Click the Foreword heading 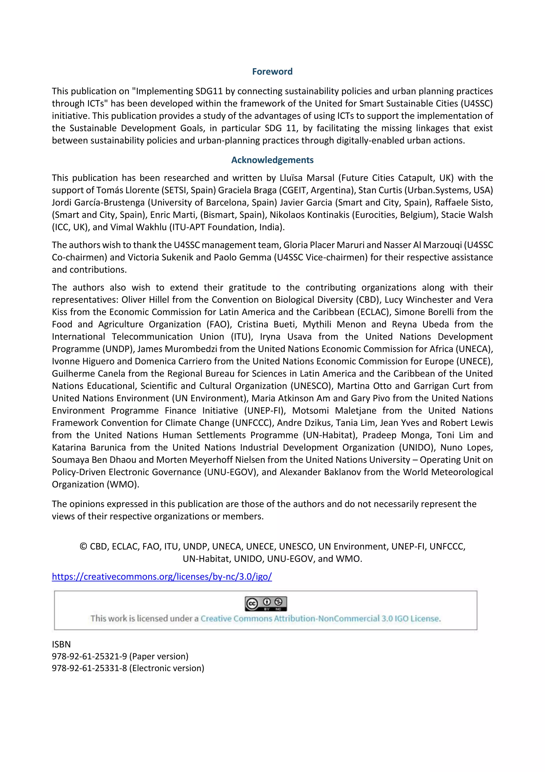tap(272, 72)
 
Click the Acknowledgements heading tap(272, 160)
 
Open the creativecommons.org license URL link tap(162, 576)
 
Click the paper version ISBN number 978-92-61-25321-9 tap(89, 656)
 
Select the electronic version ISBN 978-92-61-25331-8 tap(89, 668)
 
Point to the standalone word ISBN tap(61, 644)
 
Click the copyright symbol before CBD tap(83, 546)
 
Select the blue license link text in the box tap(320, 619)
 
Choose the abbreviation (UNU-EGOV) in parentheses tap(231, 472)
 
